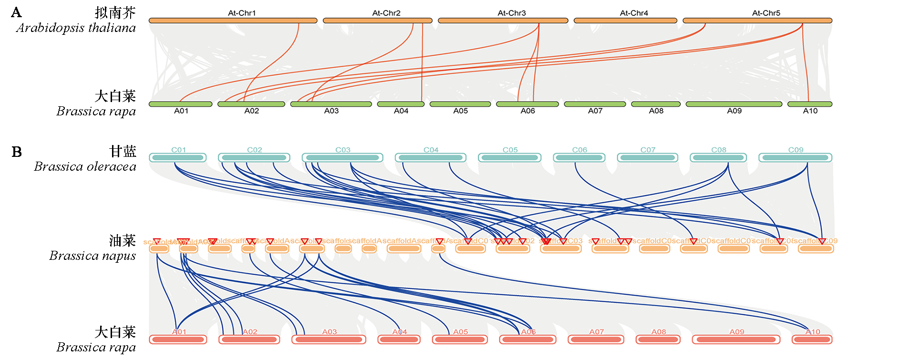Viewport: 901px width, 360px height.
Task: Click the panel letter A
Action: [16, 12]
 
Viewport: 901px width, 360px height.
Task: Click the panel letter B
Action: [17, 152]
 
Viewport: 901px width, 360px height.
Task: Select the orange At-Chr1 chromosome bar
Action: [233, 21]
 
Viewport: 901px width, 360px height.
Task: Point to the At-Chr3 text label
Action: [512, 13]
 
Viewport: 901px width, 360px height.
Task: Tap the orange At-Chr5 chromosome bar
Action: [757, 21]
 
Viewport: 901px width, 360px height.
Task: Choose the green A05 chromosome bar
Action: [460, 104]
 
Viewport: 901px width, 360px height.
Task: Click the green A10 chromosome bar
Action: [809, 104]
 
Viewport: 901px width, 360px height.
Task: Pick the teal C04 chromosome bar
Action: [431, 157]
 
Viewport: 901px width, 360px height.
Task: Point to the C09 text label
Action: [796, 150]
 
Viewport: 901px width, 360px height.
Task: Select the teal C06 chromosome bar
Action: [579, 157]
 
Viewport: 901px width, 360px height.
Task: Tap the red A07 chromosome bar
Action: [596, 339]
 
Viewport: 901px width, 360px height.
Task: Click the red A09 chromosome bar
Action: [736, 339]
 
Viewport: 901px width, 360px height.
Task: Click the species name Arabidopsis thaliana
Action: [76, 28]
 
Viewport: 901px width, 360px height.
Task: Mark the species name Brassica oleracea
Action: [85, 167]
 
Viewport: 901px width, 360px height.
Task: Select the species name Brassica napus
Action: [92, 256]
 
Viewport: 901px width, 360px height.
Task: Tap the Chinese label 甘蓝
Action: [123, 152]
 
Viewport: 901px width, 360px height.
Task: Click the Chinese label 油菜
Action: [123, 241]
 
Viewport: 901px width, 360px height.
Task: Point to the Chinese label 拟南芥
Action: [115, 13]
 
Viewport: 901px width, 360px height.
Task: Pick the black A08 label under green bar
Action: [656, 111]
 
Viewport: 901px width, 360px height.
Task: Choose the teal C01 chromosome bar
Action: [178, 157]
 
